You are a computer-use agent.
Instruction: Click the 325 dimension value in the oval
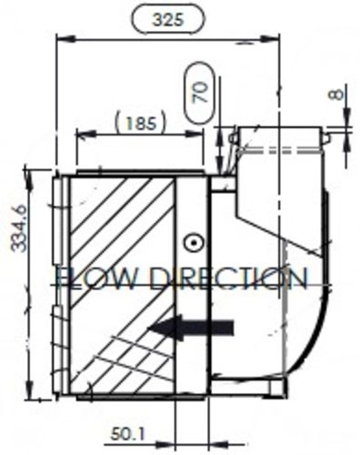click(x=167, y=18)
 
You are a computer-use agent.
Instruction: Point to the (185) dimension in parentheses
click(x=139, y=120)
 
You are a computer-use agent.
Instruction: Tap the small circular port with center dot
click(x=192, y=242)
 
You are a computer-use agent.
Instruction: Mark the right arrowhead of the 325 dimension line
click(x=275, y=39)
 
